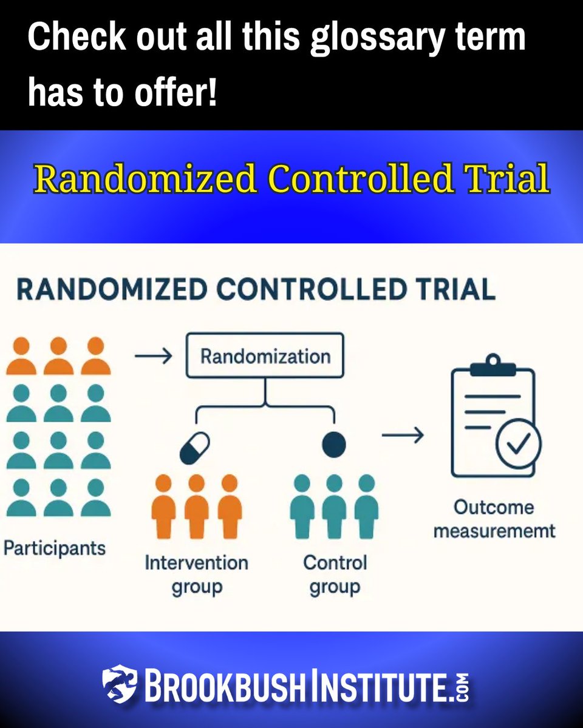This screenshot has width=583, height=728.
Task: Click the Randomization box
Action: click(265, 356)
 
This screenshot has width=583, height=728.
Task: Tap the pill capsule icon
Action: click(195, 448)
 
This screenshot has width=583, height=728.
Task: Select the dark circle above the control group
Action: click(333, 445)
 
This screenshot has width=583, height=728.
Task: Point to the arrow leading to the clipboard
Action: click(402, 435)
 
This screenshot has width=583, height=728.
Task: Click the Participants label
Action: click(55, 548)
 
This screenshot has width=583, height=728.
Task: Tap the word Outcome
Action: click(494, 507)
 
